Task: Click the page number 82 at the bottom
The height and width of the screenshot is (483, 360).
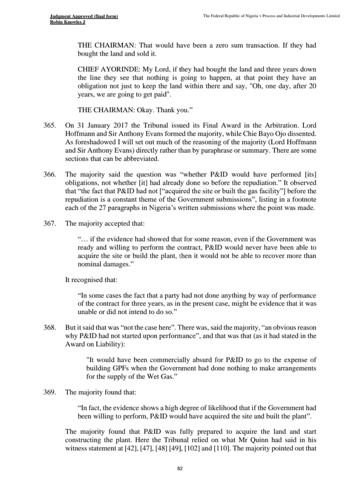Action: click(180, 469)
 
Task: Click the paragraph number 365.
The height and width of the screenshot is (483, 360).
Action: click(50, 125)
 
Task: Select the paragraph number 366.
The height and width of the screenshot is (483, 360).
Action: click(50, 174)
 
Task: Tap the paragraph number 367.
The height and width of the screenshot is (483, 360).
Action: click(50, 223)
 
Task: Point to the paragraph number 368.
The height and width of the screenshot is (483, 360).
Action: click(50, 328)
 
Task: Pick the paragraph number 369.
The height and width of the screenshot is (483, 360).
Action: click(50, 392)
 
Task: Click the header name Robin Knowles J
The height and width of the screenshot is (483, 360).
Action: click(68, 22)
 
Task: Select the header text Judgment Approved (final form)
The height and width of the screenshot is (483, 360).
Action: click(84, 16)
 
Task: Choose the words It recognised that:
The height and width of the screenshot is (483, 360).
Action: click(91, 280)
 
